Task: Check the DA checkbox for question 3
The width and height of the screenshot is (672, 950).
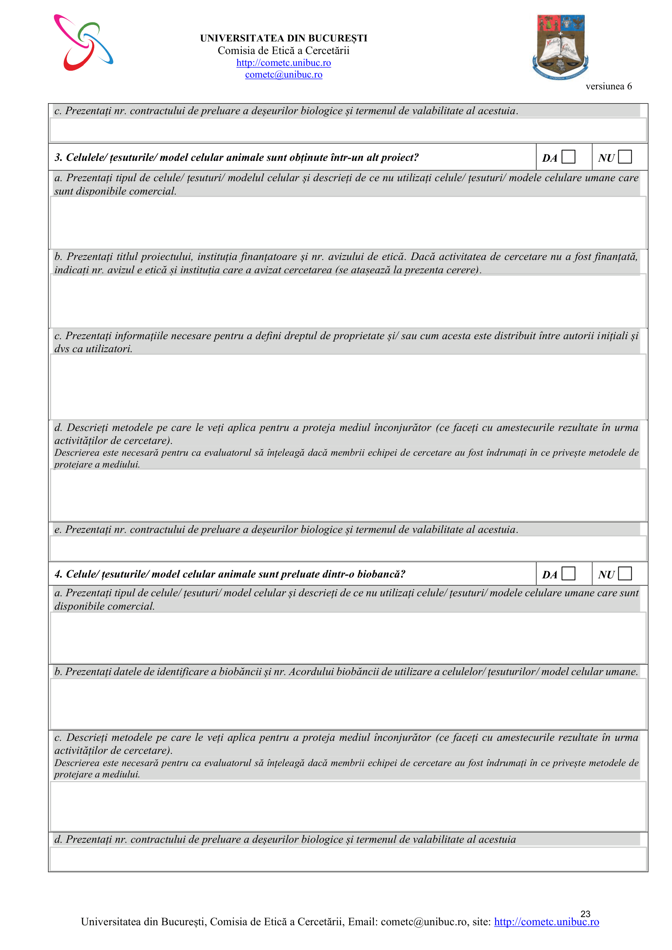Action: [x=568, y=157]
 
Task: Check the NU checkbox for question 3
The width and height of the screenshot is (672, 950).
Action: [x=625, y=157]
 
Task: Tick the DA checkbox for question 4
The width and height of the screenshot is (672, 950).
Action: [x=568, y=573]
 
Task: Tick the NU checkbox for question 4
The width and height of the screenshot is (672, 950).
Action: [x=625, y=573]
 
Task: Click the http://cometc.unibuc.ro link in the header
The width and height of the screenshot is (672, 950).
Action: [x=284, y=63]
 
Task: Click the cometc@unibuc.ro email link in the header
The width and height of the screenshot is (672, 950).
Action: [x=284, y=74]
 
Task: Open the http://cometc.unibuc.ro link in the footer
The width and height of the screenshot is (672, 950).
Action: [x=546, y=922]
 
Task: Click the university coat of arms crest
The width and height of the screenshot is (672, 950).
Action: [x=560, y=47]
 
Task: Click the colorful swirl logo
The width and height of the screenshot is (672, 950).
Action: [x=83, y=43]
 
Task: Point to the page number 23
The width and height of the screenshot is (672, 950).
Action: [x=585, y=913]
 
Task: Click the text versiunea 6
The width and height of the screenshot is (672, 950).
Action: [x=608, y=86]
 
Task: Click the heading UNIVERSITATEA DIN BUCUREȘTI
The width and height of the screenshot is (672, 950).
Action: [x=284, y=38]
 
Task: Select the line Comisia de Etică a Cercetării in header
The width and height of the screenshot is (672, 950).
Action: [x=284, y=50]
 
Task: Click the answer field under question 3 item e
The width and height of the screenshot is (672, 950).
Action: [x=348, y=548]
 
